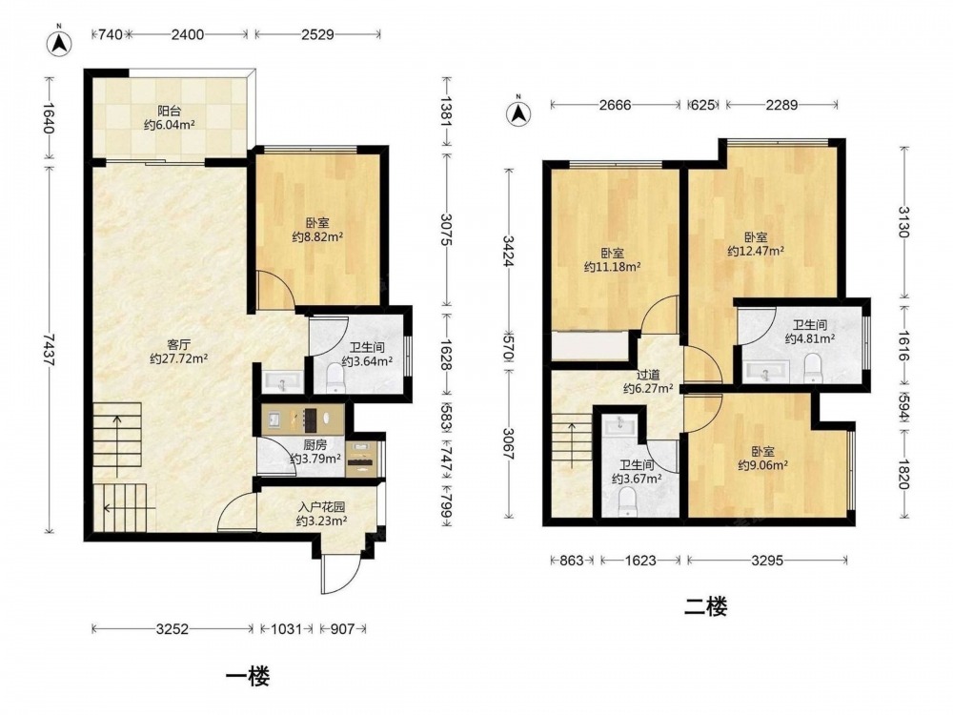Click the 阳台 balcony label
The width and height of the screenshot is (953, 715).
tap(170, 111)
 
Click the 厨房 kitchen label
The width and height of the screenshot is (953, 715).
tap(314, 444)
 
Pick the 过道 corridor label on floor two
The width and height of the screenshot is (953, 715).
tap(648, 375)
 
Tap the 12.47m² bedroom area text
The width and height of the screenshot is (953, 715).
tap(756, 251)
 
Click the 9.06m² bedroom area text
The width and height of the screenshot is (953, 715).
tap(763, 466)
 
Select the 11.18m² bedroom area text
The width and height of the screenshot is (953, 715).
tap(612, 266)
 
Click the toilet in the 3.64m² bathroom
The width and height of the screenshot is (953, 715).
tap(335, 378)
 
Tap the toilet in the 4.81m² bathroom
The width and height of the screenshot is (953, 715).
tap(812, 368)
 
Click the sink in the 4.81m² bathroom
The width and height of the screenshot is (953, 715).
tap(765, 371)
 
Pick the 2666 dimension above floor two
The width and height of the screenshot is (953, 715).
tap(615, 105)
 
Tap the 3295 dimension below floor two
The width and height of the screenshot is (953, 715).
tap(767, 561)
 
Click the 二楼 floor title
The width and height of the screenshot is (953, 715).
tap(705, 606)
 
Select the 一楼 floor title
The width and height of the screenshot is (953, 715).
tap(248, 676)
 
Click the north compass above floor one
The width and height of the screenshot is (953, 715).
tap(59, 41)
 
